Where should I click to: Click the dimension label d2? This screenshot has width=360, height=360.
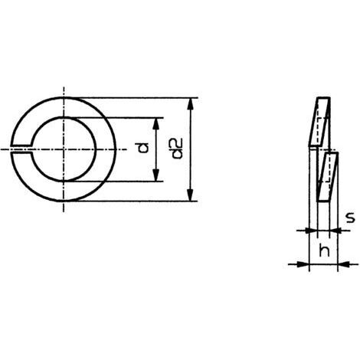click(177, 149)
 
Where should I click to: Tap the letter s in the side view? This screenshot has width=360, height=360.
click(350, 218)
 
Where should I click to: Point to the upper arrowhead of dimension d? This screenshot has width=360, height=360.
click(156, 123)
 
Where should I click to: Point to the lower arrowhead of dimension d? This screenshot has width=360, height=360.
click(156, 175)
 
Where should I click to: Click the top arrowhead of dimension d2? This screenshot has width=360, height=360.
click(190, 103)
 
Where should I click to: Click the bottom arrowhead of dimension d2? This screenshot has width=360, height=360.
click(190, 195)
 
